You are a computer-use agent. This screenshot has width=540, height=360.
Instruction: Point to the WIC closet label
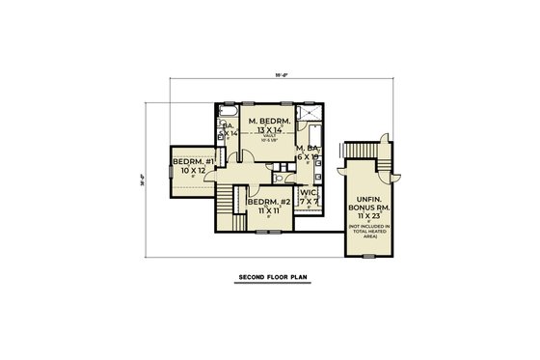point(309,192)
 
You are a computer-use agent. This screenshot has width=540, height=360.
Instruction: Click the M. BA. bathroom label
point(309,147)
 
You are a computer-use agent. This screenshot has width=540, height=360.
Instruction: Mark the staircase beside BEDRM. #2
point(228,201)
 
